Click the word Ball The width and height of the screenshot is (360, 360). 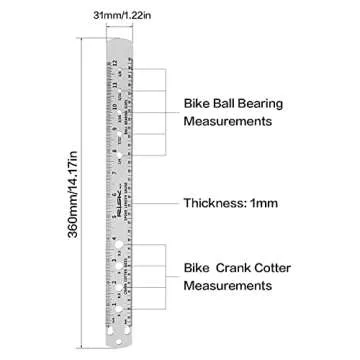[222, 102]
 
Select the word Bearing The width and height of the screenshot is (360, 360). [262, 102]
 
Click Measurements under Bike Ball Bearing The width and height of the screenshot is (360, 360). [229, 121]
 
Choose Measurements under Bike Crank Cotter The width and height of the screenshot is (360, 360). [229, 287]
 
